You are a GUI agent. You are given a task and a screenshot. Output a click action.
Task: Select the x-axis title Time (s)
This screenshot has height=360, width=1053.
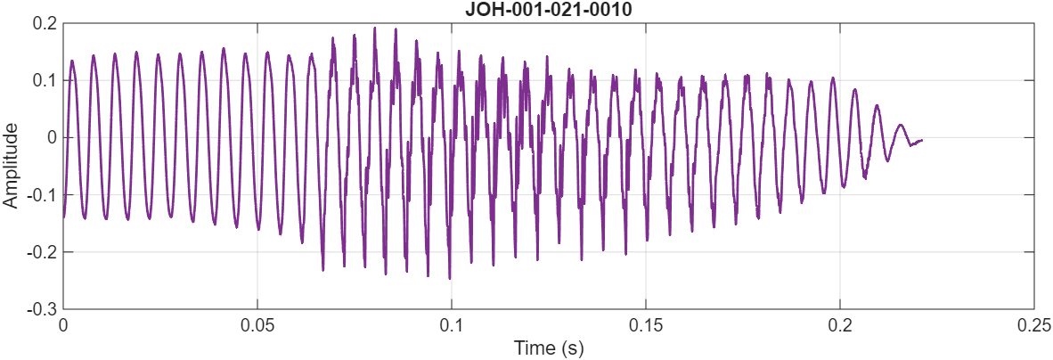[x=548, y=348]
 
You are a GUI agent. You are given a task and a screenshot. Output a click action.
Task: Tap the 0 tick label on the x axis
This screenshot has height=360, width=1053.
[x=63, y=325]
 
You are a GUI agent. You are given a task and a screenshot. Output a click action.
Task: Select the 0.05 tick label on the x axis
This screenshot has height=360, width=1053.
[x=257, y=325]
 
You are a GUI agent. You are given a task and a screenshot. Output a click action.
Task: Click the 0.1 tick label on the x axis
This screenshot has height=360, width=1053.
[x=452, y=325]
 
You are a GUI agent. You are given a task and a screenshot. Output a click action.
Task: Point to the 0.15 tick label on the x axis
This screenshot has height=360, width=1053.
[x=646, y=325]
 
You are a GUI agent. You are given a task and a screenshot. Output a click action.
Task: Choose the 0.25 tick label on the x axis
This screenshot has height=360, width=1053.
[x=1033, y=325]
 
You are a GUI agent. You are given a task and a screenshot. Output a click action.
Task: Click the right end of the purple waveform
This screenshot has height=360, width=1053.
[x=922, y=140]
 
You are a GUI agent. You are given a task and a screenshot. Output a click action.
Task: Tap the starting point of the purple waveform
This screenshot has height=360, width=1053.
[x=63, y=217]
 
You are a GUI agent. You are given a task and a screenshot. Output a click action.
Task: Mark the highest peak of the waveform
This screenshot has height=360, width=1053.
[x=375, y=28]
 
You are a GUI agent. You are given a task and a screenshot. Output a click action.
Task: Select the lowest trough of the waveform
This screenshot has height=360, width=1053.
[x=449, y=278]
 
